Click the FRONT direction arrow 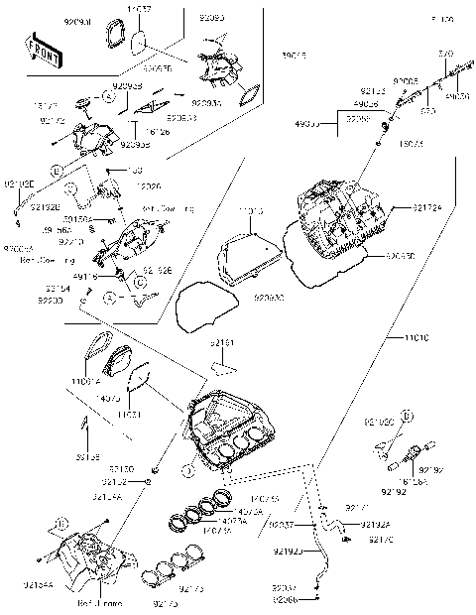(39, 47)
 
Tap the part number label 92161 (223, 342)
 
